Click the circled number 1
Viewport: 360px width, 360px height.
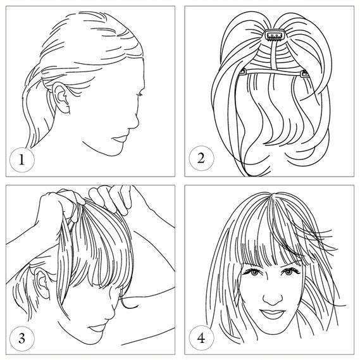[22, 160]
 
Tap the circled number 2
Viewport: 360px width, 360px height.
[201, 158]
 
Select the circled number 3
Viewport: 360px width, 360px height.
[22, 338]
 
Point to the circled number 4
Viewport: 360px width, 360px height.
[201, 338]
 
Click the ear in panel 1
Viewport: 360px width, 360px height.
[61, 97]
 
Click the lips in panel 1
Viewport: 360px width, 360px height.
[120, 139]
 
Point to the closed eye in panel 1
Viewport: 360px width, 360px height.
[139, 94]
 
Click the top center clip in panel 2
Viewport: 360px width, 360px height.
[275, 35]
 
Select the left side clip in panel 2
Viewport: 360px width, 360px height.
[242, 73]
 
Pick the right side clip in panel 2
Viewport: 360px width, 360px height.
[305, 73]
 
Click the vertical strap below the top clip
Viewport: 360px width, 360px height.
[274, 56]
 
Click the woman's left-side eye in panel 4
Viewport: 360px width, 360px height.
[253, 272]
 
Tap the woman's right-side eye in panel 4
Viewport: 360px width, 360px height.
[290, 272]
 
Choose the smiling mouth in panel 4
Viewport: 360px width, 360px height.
[273, 313]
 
